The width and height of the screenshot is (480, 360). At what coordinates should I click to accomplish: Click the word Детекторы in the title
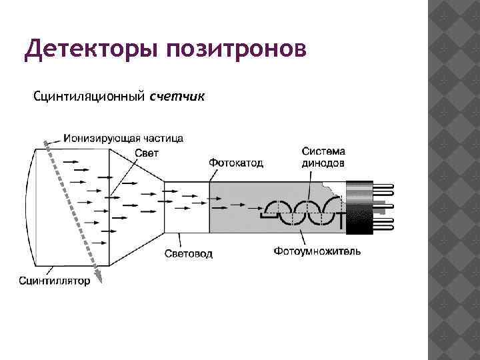[89, 50]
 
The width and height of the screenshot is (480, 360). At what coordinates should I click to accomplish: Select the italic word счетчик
[177, 97]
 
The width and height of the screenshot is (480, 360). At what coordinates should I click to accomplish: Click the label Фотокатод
[236, 162]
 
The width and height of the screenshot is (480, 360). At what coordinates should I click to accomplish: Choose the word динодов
[323, 162]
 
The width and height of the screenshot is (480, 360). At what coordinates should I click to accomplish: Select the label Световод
[189, 254]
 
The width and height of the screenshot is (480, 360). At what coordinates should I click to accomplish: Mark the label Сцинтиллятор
[54, 281]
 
